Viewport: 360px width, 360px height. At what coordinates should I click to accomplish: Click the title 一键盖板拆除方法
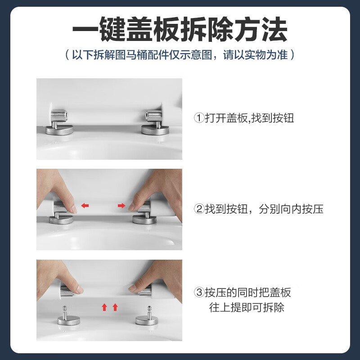pos(180,29)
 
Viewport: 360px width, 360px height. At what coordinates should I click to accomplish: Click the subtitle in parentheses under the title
pos(180,55)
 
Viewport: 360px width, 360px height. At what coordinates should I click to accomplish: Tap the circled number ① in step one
pos(199,118)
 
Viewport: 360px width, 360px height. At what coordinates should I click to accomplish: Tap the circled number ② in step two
pos(199,209)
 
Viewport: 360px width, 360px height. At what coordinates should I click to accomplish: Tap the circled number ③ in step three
pos(199,292)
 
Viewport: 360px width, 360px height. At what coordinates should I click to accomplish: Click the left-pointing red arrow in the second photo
pos(85,206)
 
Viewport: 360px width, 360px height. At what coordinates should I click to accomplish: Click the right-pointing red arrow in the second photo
pos(121,206)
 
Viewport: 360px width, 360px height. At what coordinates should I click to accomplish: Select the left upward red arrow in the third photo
pos(104,307)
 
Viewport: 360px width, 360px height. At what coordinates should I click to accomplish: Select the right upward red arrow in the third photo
pos(115,307)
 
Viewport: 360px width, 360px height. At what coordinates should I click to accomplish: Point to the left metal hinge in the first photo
pos(59,117)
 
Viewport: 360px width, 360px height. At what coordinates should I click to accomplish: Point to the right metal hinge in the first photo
pos(153,117)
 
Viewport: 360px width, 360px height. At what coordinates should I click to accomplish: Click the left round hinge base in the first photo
pos(59,130)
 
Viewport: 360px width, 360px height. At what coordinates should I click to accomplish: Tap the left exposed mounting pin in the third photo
pos(65,313)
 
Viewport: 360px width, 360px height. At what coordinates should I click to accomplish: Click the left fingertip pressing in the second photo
pos(73,208)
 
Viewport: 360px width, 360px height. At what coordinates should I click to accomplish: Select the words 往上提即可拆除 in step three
pos(247,307)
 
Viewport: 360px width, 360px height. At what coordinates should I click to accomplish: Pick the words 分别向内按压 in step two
pos(291,209)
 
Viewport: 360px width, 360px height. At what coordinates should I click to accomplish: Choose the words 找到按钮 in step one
pos(273,118)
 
